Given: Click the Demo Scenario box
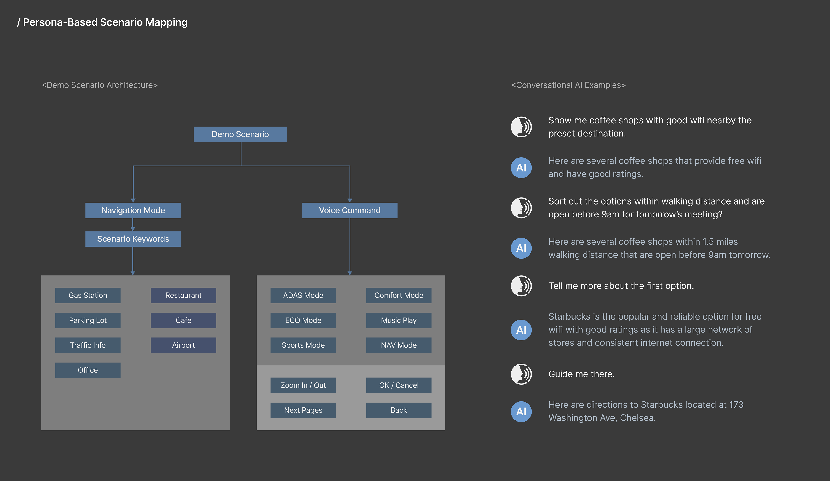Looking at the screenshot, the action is [x=240, y=134].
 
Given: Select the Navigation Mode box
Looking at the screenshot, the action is [x=133, y=210].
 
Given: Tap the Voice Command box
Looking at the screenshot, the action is [x=350, y=210].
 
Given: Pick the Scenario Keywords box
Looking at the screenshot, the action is [x=133, y=239].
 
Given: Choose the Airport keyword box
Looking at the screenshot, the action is [x=184, y=345].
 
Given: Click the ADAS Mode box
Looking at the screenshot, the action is [x=303, y=295].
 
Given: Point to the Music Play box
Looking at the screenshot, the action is [x=399, y=320].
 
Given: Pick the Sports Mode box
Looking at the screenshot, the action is [x=303, y=345].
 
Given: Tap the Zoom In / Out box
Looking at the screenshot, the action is [x=303, y=385].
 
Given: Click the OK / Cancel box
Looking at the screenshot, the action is [x=399, y=385].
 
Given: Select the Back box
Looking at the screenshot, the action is [x=399, y=410].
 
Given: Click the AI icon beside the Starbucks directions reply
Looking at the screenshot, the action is [x=521, y=411].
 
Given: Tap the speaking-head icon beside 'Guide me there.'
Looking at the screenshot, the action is [x=521, y=374].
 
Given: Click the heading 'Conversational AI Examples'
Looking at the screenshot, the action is [x=568, y=85].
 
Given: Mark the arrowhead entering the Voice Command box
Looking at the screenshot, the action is [x=350, y=200].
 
